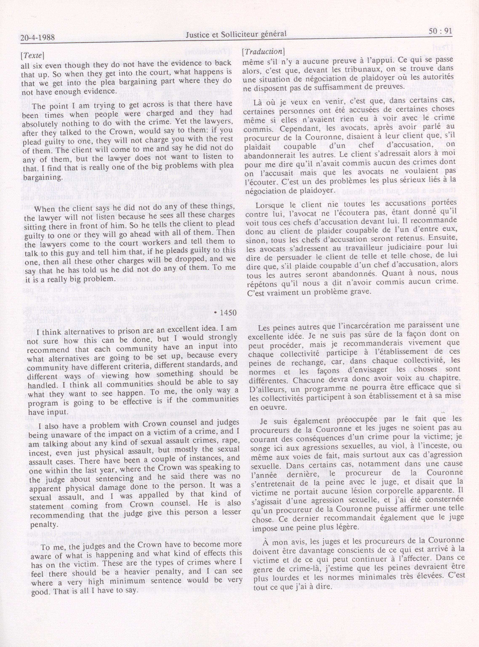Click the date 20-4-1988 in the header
(38, 38)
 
